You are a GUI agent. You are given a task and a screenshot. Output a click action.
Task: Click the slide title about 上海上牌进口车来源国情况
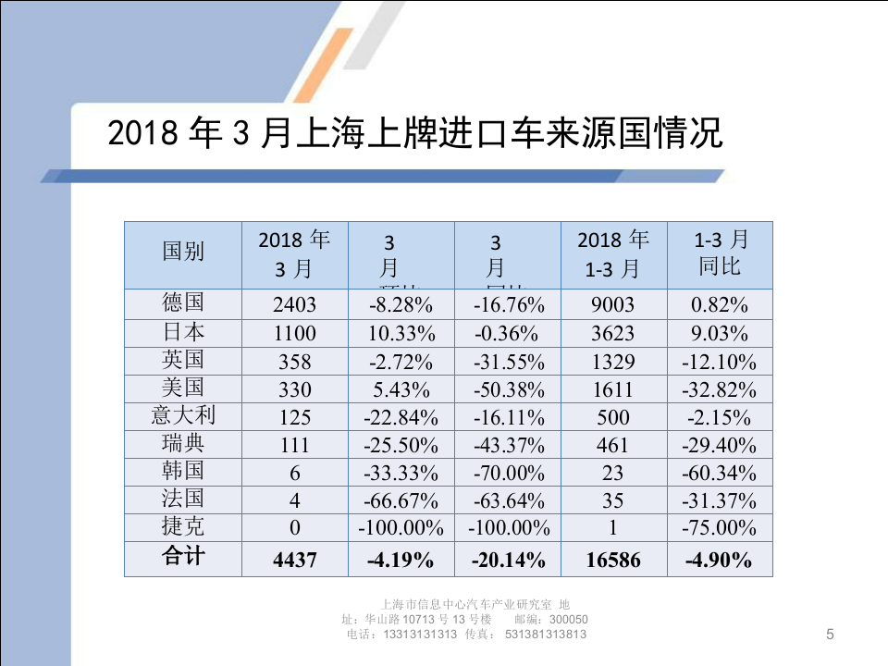point(414,134)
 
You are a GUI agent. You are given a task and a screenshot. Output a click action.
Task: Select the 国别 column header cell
point(183,252)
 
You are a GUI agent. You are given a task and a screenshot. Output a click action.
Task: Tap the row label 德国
point(183,303)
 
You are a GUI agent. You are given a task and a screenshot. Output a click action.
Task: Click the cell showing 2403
point(294,305)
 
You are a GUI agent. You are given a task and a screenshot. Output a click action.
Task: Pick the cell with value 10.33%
point(401,333)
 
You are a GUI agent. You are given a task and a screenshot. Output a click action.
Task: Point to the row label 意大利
point(183,415)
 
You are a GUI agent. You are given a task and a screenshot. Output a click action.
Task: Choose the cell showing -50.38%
point(508,389)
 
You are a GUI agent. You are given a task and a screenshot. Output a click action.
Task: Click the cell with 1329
point(613,362)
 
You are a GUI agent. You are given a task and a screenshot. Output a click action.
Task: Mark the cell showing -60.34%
point(719,474)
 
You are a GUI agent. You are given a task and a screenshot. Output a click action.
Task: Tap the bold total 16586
point(613,560)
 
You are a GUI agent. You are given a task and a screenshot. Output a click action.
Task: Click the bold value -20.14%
point(508,560)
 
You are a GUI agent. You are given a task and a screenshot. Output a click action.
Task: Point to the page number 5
point(829,635)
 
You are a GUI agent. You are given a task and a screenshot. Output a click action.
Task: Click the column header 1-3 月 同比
point(721,253)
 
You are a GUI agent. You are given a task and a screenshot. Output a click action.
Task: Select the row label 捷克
point(183,527)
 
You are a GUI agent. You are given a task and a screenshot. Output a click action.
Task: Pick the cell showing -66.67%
point(401,501)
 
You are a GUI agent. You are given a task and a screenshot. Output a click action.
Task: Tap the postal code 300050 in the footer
point(568,619)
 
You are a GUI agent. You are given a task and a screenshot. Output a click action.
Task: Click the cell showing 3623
point(613,333)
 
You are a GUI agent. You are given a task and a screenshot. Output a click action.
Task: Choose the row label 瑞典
point(183,443)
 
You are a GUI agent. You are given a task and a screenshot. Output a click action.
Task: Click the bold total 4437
point(294,560)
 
